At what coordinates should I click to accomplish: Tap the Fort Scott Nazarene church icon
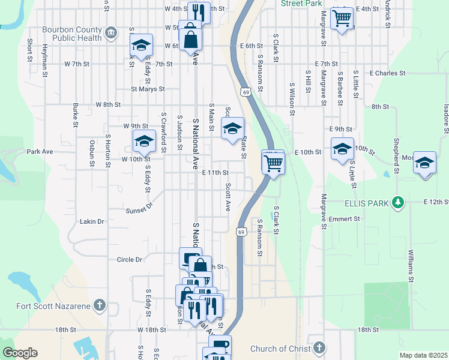click(100, 306)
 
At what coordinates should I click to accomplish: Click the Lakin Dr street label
click(92, 221)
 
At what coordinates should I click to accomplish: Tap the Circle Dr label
click(130, 260)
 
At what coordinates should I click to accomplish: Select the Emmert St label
click(344, 219)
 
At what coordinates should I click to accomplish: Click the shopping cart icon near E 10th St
click(273, 162)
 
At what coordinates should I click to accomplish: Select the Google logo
click(20, 353)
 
